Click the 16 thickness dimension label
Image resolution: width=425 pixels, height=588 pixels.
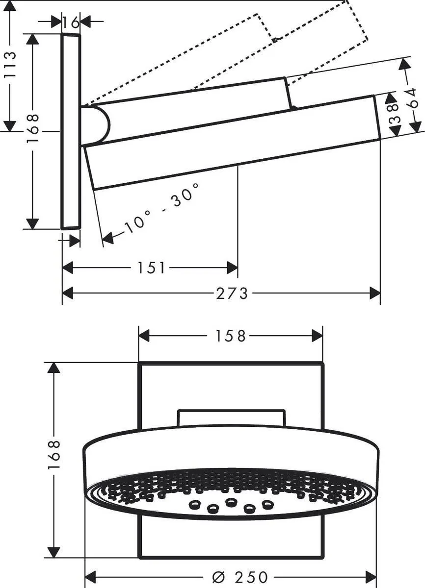71,22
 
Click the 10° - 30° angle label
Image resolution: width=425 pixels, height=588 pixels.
161,207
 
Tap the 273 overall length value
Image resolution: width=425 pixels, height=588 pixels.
232,294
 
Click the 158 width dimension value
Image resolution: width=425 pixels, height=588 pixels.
231,336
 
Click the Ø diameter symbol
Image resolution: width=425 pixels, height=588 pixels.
218,577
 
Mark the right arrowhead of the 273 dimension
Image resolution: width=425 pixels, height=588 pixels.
375,294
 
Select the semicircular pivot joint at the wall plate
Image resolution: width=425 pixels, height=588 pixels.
97,125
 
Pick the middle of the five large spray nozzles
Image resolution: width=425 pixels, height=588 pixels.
231,502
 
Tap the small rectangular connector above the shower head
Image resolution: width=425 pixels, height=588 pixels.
231,417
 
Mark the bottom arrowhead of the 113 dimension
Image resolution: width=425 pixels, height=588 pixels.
9,126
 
